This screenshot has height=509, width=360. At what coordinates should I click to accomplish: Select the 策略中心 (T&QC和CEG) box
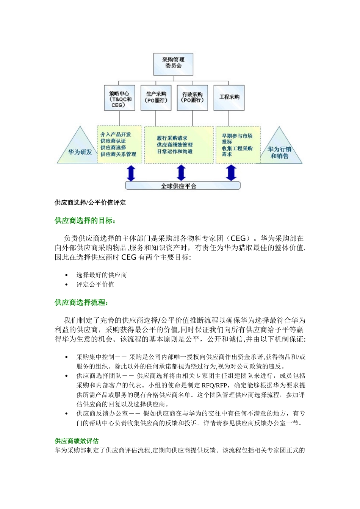(x=119, y=98)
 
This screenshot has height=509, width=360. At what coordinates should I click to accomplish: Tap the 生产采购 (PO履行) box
(x=156, y=98)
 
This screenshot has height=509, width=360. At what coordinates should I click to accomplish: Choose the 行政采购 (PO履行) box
(x=192, y=98)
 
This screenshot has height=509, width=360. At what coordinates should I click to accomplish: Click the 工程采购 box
(x=229, y=98)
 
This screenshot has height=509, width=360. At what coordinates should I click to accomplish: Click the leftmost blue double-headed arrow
(x=131, y=173)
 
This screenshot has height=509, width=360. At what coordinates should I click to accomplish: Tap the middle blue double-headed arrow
(x=182, y=173)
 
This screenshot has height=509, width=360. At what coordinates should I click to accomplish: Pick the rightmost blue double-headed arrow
(x=231, y=173)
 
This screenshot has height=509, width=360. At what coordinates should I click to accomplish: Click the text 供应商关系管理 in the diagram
(x=118, y=154)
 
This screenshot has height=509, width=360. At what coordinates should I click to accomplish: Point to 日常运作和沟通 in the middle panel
(x=174, y=151)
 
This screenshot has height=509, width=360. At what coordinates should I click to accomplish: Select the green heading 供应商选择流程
(x=81, y=302)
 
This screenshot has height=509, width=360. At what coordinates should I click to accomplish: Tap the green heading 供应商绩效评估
(x=77, y=441)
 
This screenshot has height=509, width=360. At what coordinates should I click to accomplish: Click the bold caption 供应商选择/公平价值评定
(x=90, y=203)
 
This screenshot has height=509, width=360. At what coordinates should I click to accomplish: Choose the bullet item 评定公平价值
(x=95, y=284)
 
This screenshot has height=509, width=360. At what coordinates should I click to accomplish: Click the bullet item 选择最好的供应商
(x=102, y=275)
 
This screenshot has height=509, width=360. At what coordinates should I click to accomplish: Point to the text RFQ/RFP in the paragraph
(x=214, y=386)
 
